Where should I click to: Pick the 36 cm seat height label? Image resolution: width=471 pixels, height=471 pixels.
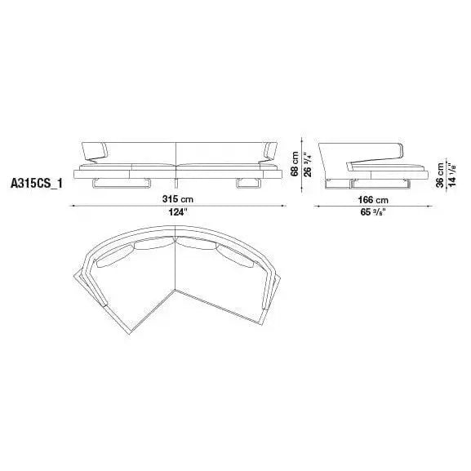[x=440, y=174]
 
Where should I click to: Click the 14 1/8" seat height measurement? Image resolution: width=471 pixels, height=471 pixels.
[x=451, y=172]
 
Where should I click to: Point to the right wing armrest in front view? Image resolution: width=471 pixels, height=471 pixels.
[x=268, y=151]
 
